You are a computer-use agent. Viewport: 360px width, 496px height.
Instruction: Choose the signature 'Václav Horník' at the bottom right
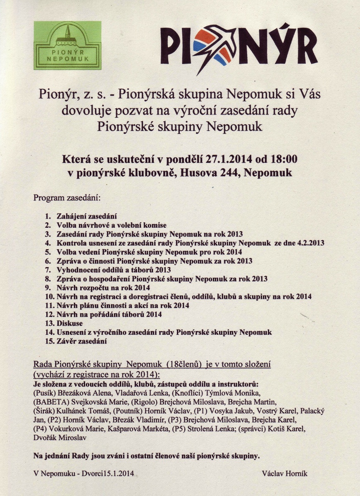click(285, 474)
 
